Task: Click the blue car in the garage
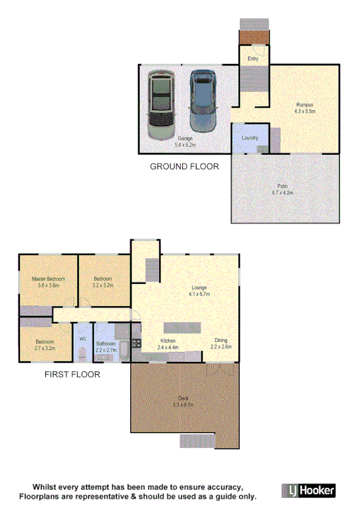[x=203, y=100]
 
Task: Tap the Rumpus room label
[x=304, y=105]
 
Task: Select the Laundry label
[x=250, y=138]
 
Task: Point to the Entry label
[x=253, y=58]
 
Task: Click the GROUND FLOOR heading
[x=184, y=166]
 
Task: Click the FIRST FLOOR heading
[x=72, y=374]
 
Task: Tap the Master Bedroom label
[x=48, y=279]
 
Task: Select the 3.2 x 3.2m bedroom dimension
[x=103, y=286]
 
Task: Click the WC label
[x=83, y=339]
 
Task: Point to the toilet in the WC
[x=83, y=355]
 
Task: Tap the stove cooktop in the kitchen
[x=136, y=343]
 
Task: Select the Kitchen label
[x=168, y=341]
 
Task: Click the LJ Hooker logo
[x=309, y=490]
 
